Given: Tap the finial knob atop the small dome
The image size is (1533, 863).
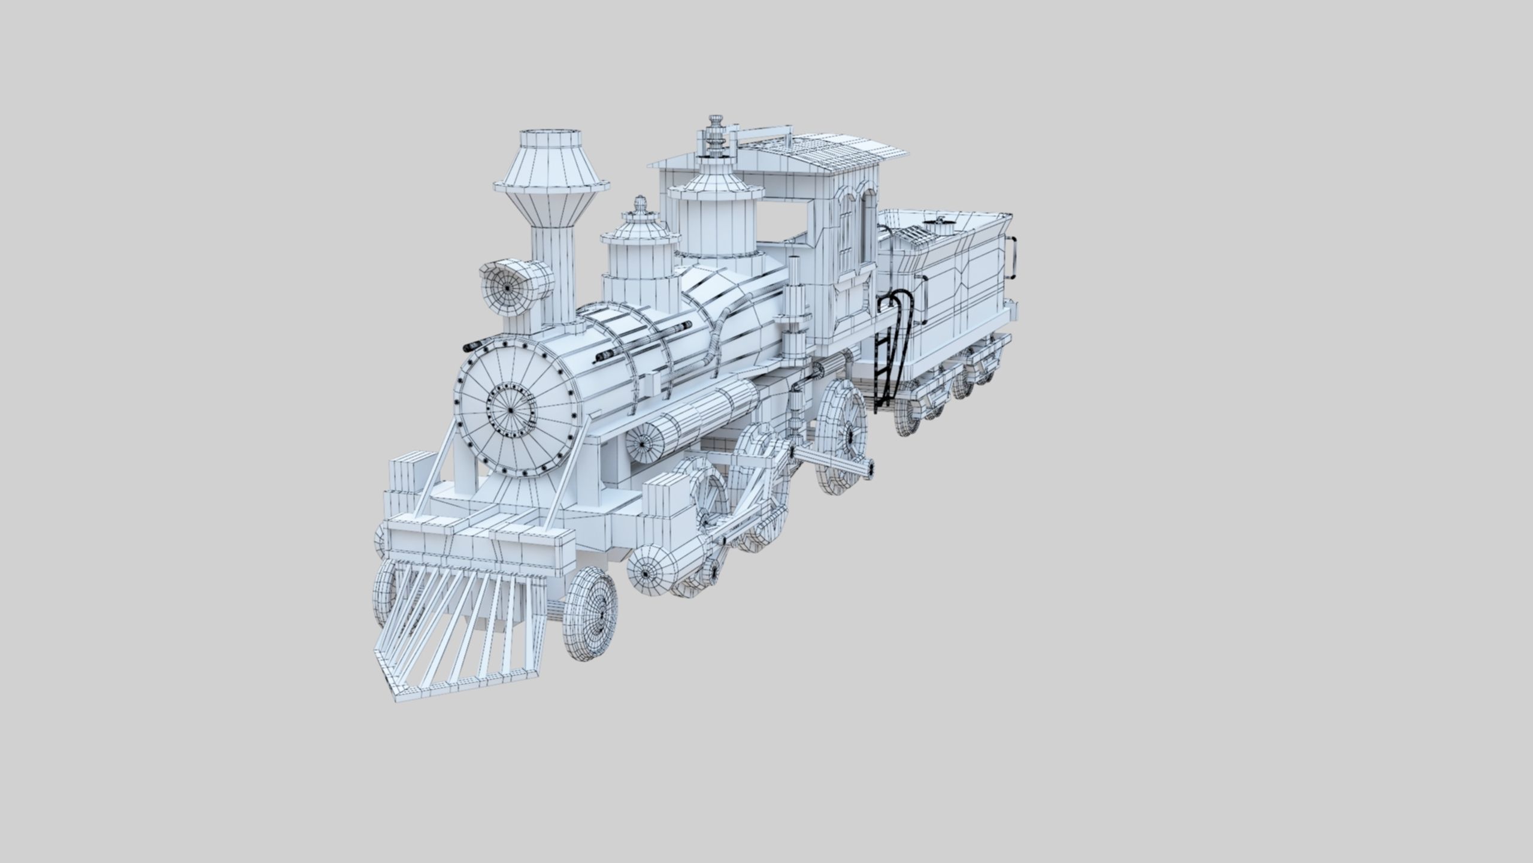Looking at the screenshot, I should click(640, 204).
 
